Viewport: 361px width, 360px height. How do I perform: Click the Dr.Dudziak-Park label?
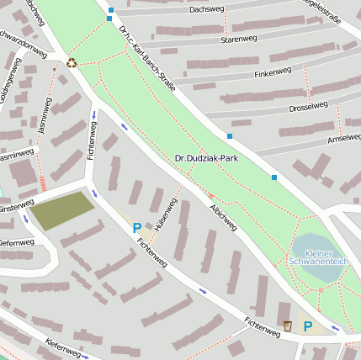tap(207, 157)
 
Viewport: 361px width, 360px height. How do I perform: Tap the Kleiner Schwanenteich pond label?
tap(318, 257)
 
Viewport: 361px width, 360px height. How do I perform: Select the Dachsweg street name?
tap(207, 10)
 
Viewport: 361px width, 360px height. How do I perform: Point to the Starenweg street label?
tap(238, 39)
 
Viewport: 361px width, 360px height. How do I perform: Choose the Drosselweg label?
tap(308, 106)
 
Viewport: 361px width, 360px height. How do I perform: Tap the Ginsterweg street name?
tap(15, 207)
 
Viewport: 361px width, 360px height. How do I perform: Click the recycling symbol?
tap(72, 61)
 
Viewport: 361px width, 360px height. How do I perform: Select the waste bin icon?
tap(287, 326)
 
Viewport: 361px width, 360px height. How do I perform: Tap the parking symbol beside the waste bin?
tap(307, 326)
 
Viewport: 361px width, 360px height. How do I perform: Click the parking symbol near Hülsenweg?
tap(136, 227)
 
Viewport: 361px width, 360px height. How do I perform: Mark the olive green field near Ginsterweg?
tap(63, 210)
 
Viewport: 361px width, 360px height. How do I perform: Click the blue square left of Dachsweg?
tap(111, 11)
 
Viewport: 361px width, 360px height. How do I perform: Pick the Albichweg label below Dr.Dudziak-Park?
tap(224, 216)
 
